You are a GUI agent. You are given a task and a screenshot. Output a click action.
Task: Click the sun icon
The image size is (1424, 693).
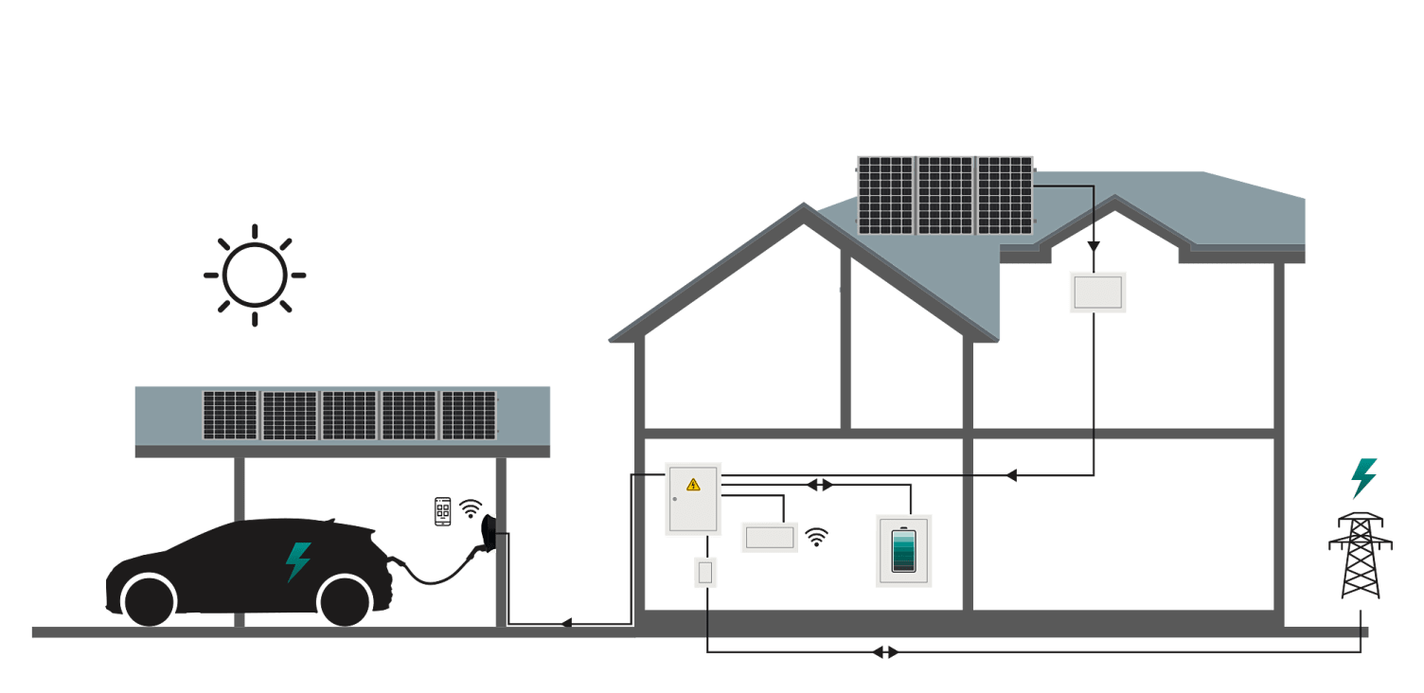254,275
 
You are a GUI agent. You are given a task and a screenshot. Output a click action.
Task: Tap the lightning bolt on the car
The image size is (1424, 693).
298,561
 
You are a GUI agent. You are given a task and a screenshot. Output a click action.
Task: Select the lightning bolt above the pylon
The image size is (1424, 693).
1363,477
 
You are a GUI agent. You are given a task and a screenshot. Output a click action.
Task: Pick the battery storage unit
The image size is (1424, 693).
903,551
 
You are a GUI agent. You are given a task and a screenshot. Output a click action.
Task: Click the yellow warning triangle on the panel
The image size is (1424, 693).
693,485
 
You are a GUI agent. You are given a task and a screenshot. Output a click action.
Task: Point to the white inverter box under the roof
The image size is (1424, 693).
1097,292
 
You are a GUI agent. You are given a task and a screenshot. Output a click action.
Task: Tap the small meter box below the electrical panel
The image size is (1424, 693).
705,572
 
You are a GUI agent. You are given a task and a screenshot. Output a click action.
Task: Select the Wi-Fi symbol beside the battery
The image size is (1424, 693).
816,538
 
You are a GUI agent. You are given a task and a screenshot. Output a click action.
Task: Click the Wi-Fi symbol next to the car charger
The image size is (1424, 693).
471,509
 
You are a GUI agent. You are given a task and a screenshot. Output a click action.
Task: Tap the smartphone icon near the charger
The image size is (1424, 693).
442,511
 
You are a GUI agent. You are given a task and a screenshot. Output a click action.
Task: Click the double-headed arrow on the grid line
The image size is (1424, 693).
885,652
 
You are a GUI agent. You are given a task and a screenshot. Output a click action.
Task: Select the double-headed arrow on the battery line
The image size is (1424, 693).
820,485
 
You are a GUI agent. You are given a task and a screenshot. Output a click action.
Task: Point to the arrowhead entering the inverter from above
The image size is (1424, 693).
1094,247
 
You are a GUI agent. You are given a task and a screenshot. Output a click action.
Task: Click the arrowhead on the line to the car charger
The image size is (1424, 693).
565,623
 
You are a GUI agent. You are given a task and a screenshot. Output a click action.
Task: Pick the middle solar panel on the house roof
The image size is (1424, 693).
945,195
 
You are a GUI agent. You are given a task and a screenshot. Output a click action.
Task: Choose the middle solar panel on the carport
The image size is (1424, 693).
349,415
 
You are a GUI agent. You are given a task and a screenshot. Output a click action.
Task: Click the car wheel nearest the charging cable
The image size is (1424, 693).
344,600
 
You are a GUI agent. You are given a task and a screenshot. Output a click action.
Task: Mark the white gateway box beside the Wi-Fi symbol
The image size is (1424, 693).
769,537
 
